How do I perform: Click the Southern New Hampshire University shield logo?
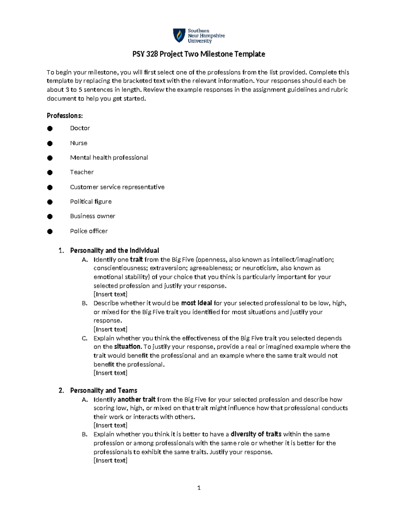(x=179, y=35)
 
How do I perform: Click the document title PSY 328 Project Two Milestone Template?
(x=199, y=54)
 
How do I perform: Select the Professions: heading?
(x=65, y=116)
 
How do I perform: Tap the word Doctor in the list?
(x=80, y=128)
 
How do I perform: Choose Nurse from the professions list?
(x=79, y=143)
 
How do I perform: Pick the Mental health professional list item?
(x=109, y=158)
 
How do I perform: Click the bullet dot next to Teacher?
(x=50, y=172)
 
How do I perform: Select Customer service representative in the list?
(x=117, y=187)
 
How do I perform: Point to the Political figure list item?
(x=91, y=202)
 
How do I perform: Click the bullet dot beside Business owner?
(x=50, y=217)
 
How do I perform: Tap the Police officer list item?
(x=89, y=231)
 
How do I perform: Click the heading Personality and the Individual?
(x=114, y=250)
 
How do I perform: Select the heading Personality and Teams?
(x=103, y=391)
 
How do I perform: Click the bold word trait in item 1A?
(x=136, y=260)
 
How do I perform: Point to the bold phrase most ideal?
(x=196, y=303)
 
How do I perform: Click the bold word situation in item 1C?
(x=128, y=347)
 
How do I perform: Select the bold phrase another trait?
(x=136, y=400)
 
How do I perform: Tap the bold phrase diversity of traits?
(x=256, y=434)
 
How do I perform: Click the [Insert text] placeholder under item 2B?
(x=110, y=461)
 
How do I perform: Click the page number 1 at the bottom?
(x=199, y=488)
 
